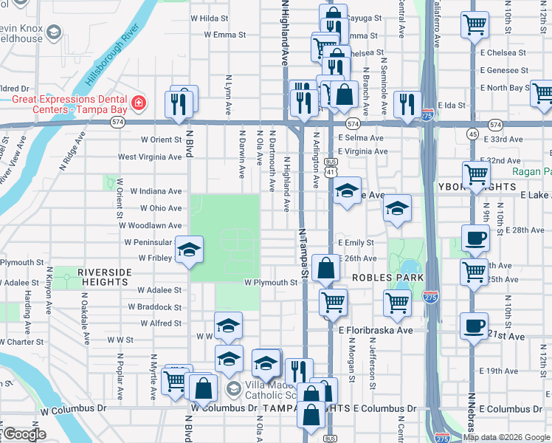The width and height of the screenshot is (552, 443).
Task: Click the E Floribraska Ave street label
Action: pos(376,331)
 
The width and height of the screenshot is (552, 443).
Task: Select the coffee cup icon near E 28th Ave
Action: pos(475,238)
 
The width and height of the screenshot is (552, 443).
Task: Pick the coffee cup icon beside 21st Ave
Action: pos(474,325)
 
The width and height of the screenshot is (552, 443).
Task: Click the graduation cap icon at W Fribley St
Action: pos(190,250)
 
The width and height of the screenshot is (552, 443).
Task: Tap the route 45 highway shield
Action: pos(472,133)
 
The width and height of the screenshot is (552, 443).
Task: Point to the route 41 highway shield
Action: pos(331,171)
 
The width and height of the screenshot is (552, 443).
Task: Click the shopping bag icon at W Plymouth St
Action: pos(325,268)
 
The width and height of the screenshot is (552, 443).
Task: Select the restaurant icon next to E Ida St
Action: pos(407,105)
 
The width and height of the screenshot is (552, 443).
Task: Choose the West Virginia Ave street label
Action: pos(150,157)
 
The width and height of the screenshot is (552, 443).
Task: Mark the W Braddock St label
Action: pos(155,307)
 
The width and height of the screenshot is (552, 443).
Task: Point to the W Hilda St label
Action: pos(209,17)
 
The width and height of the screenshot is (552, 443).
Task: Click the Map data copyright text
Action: pos(506,437)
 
